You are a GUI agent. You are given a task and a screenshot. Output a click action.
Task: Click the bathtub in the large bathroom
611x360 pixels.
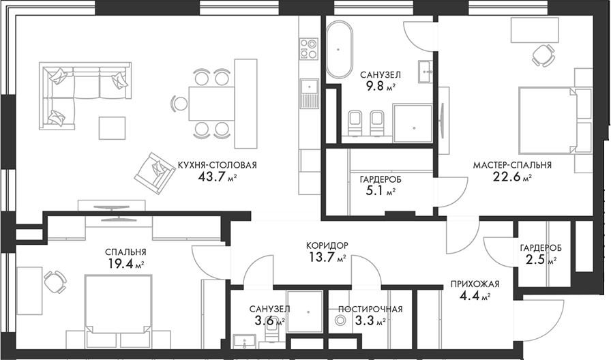click(x=339, y=50)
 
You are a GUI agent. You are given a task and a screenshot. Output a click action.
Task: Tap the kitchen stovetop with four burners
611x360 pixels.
click(x=309, y=48)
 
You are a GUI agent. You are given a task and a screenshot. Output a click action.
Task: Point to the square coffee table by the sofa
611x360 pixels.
click(x=112, y=128)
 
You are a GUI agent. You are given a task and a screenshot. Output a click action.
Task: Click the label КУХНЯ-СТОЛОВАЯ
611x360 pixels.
click(x=217, y=165)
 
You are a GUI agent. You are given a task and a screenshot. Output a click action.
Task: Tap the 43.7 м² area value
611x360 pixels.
click(x=217, y=177)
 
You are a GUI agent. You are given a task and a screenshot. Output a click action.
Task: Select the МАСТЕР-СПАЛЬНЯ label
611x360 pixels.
click(x=512, y=165)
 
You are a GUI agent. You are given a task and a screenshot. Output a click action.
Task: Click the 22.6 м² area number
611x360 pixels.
click(x=512, y=177)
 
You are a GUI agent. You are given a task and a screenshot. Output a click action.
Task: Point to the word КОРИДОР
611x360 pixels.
click(x=327, y=246)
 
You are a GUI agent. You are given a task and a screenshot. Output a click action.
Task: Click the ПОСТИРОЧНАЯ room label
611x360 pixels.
click(x=370, y=310)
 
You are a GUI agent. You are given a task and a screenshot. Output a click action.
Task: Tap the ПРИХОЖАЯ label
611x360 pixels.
click(x=475, y=284)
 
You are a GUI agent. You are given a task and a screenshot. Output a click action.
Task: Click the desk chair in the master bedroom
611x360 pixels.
click(x=543, y=55)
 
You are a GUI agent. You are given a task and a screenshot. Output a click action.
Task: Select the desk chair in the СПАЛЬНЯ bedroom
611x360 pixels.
click(x=55, y=282)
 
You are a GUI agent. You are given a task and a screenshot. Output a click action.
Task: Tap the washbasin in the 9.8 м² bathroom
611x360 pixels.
click(x=426, y=72)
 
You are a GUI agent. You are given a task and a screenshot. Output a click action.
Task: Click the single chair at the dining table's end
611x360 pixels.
click(x=179, y=104)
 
